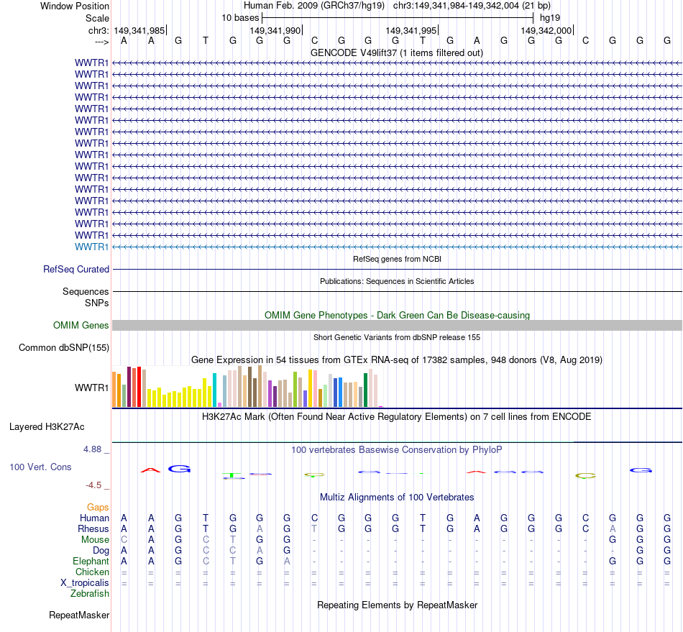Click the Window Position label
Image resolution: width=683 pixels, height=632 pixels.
[x=75, y=6]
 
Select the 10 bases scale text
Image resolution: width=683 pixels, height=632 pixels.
[x=240, y=17]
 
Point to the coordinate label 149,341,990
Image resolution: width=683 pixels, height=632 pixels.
[x=275, y=31]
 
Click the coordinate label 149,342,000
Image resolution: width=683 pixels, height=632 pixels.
[x=546, y=31]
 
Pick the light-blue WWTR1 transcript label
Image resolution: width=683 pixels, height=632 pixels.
[x=92, y=247]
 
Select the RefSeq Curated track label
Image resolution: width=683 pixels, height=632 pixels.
[x=76, y=269]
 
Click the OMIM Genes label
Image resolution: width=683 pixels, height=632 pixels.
[x=81, y=326]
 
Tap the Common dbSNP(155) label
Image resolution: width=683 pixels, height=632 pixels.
[x=64, y=348]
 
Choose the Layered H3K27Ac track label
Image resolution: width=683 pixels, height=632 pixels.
[x=47, y=426]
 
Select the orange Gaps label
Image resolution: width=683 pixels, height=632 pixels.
[x=98, y=507]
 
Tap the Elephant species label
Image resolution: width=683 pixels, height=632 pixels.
[x=91, y=561]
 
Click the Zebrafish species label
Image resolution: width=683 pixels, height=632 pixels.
[x=90, y=593]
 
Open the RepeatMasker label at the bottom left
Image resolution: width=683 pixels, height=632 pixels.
[x=79, y=615]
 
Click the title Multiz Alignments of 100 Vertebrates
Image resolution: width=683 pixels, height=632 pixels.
[x=397, y=497]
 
